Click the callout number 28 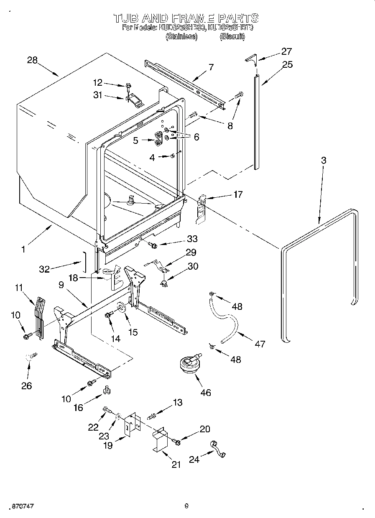[x=33, y=60]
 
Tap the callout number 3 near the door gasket [x=324, y=160]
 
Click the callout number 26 [x=26, y=385]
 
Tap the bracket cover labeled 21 [x=160, y=441]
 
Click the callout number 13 [x=178, y=402]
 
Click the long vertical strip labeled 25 [x=256, y=121]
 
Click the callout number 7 [x=211, y=66]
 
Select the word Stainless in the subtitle [x=181, y=36]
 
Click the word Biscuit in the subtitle [x=232, y=36]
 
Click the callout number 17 [x=237, y=194]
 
